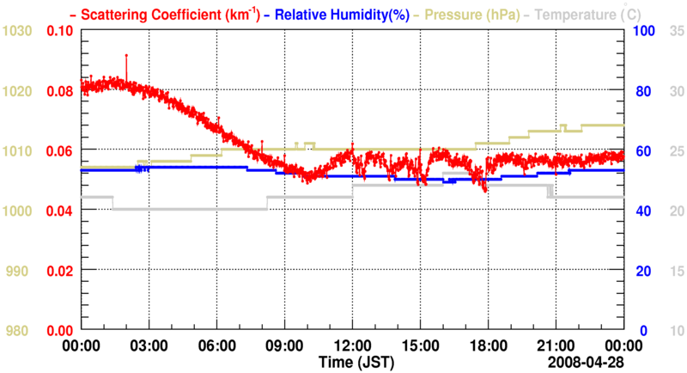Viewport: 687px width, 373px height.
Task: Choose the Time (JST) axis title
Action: (352, 359)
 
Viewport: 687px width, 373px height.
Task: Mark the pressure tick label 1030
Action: (17, 31)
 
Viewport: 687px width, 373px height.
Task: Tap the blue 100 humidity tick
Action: (643, 31)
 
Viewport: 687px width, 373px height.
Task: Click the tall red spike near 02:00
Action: (126, 57)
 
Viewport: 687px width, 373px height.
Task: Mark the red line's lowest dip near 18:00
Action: (486, 190)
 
